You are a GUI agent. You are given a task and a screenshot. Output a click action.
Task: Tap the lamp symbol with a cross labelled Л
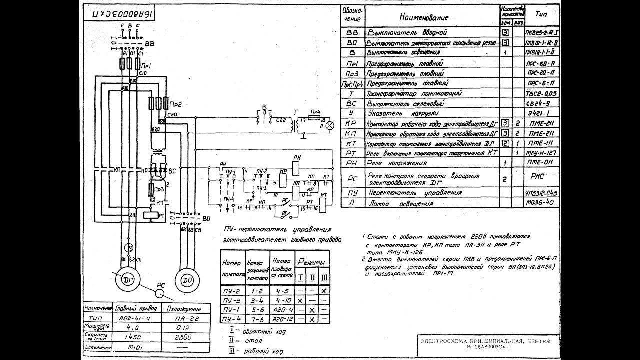point(329,126)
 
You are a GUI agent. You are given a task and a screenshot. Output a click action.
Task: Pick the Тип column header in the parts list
point(541,14)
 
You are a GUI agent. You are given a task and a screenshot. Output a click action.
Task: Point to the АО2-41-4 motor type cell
point(132,318)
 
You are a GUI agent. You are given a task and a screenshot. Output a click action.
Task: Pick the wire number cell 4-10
point(281,300)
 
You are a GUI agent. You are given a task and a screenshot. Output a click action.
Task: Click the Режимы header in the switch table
point(311,262)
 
